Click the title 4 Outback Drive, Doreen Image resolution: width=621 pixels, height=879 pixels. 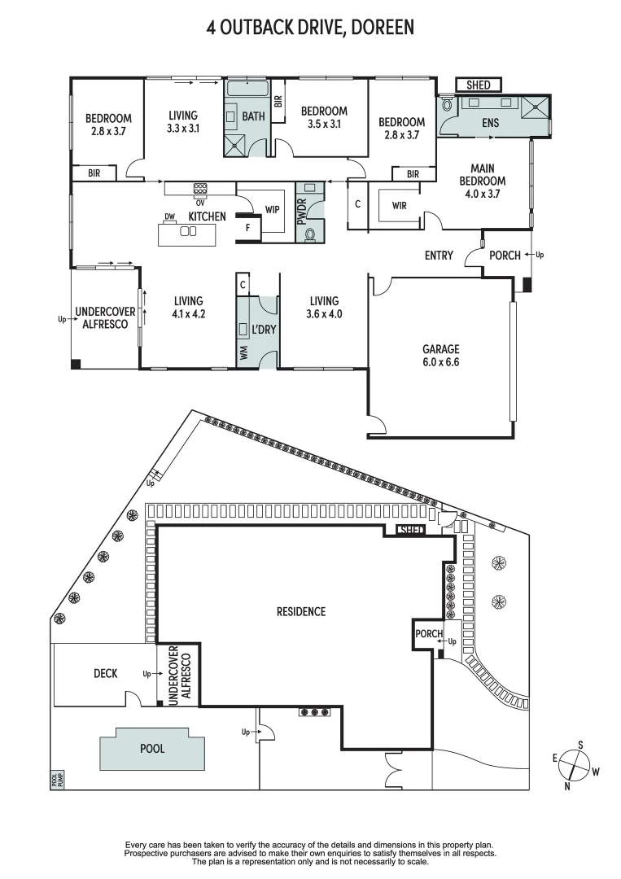(x=310, y=28)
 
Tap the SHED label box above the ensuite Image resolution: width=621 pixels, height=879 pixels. (x=479, y=85)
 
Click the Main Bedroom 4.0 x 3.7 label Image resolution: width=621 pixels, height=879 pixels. (x=483, y=181)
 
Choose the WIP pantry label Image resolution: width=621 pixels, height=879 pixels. (x=273, y=210)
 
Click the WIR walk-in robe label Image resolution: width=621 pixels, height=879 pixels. (x=399, y=206)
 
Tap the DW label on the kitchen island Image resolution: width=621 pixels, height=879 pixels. (x=170, y=216)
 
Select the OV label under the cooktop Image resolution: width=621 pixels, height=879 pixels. (x=199, y=203)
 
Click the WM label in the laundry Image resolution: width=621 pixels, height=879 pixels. (x=243, y=352)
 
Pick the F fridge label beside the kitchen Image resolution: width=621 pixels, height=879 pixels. (x=247, y=229)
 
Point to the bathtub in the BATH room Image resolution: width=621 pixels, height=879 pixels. (x=246, y=90)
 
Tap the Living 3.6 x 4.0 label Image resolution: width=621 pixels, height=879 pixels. (x=324, y=308)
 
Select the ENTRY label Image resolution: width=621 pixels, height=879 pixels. (x=439, y=256)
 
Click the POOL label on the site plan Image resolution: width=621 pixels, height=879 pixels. (x=151, y=748)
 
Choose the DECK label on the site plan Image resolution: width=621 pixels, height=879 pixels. (x=106, y=673)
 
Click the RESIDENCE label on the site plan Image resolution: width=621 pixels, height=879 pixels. (x=300, y=611)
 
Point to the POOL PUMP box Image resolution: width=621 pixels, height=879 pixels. (x=57, y=780)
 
